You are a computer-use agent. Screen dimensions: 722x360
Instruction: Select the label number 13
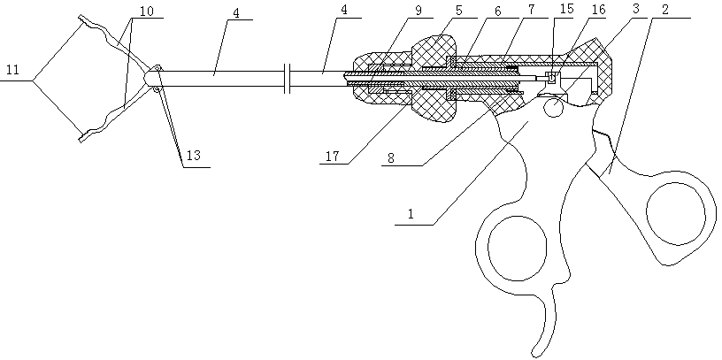[194, 155]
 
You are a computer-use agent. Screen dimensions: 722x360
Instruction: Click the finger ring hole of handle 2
[678, 212]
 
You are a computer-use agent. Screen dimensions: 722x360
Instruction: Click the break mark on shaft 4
[289, 78]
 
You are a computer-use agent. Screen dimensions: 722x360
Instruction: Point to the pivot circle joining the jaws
[154, 78]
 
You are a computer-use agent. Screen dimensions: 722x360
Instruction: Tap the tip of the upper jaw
[81, 19]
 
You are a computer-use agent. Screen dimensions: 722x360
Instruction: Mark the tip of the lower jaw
[81, 137]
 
